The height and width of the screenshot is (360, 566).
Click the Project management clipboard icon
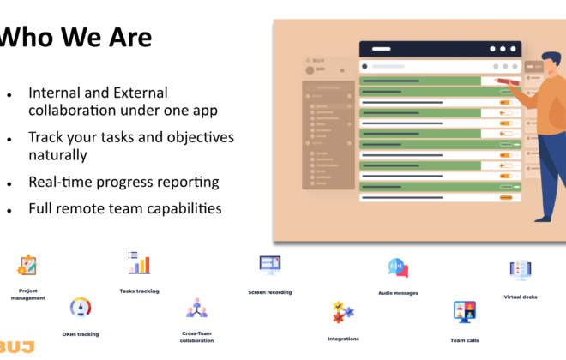(x=27, y=265)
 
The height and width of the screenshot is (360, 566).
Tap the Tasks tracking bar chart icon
(x=139, y=262)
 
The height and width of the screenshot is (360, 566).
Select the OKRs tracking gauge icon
(x=81, y=308)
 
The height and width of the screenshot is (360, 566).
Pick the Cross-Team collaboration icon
(x=196, y=308)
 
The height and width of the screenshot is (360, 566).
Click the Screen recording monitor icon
(x=270, y=265)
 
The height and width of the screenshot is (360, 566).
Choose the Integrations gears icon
(x=343, y=312)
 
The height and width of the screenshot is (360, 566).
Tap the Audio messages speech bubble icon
(x=398, y=267)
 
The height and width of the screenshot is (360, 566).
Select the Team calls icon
(x=465, y=312)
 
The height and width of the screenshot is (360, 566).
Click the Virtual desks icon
(x=521, y=270)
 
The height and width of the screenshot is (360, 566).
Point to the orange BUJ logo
(x=16, y=347)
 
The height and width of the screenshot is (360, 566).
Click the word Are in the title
(x=130, y=37)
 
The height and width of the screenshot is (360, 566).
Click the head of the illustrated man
(x=551, y=62)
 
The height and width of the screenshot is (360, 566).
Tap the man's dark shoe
(x=543, y=219)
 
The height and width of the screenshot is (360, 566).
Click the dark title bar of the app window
(x=441, y=49)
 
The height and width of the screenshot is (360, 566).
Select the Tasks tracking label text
(x=139, y=291)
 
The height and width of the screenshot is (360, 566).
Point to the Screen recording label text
(x=270, y=292)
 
